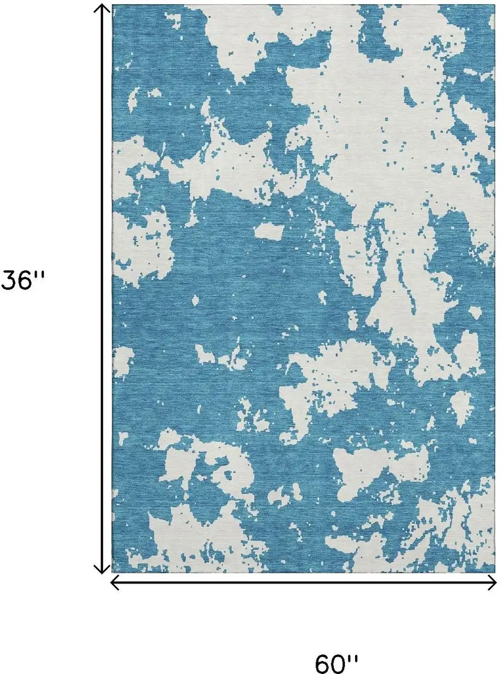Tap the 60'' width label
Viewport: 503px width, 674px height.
click(x=337, y=663)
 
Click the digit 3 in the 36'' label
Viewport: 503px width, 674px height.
click(x=9, y=281)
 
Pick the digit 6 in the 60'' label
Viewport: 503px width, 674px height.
click(x=324, y=663)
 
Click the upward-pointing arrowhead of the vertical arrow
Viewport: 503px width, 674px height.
click(x=103, y=8)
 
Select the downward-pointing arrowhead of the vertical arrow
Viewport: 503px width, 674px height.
click(x=103, y=570)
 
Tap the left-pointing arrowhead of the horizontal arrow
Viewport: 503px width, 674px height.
click(x=115, y=583)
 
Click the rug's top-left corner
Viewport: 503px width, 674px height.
click(x=113, y=5)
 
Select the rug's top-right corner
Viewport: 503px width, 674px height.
click(x=494, y=5)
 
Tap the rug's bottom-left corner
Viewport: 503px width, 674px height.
click(x=113, y=572)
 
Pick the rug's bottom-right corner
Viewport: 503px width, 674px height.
click(x=494, y=572)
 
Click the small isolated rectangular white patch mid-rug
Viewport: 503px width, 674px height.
click(x=269, y=230)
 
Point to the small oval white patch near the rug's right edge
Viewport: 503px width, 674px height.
click(x=460, y=407)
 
